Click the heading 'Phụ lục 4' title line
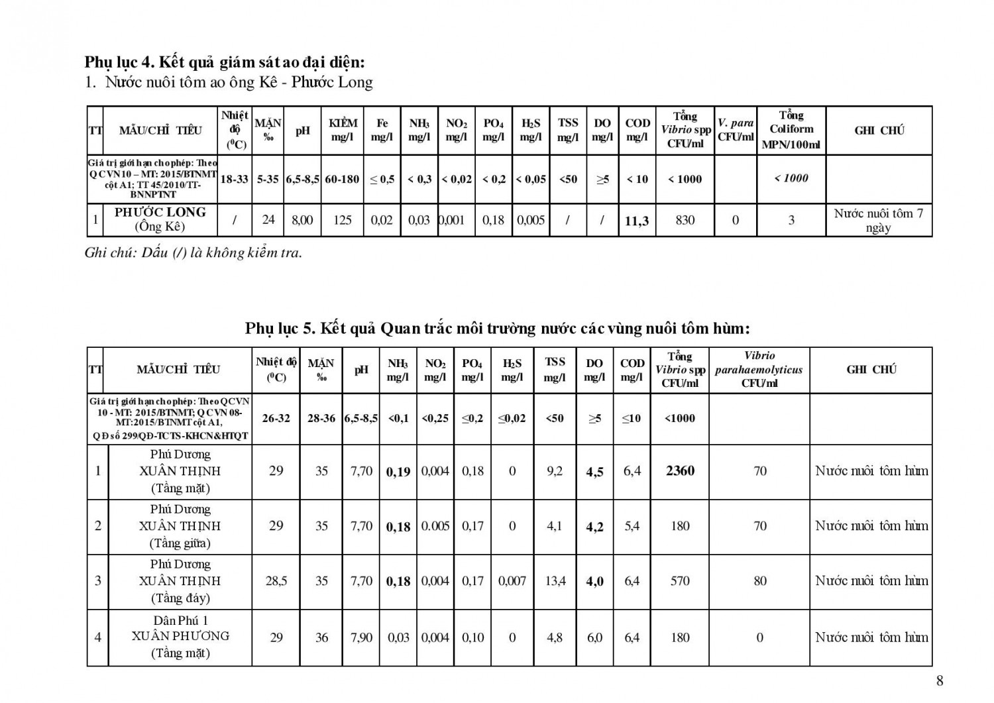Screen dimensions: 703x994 coord(225,62)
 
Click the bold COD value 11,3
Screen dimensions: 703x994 coord(637,221)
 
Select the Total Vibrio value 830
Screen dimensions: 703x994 coord(685,220)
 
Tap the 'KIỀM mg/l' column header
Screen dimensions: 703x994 coord(343,130)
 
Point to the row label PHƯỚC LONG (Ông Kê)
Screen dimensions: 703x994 coord(160,219)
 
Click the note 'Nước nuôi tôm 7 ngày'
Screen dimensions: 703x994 coord(878,221)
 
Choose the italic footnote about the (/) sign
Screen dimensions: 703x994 coord(193,252)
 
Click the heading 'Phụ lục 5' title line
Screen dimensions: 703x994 coord(497,329)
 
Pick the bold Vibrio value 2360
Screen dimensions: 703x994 coord(680,471)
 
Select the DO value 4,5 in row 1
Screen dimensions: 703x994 coord(594,472)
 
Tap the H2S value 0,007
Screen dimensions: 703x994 coord(512,581)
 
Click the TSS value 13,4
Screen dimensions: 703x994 coord(555,581)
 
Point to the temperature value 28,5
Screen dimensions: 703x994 coord(276,581)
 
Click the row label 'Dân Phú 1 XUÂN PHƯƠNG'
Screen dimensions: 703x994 coord(180,636)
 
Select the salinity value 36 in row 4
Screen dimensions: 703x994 coord(321,637)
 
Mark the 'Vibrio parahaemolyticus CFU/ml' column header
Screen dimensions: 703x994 coord(759,370)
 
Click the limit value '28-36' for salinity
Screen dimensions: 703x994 coord(321,419)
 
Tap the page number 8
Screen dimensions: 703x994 coord(940,680)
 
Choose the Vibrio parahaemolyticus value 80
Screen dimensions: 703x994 coord(759,581)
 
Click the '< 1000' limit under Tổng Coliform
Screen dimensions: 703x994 coord(791,178)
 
